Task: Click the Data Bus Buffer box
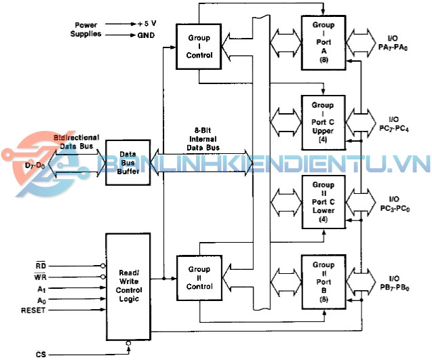click(x=128, y=163)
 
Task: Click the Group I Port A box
click(x=323, y=42)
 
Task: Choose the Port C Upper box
click(x=323, y=122)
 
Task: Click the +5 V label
click(x=149, y=23)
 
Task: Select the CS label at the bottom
click(x=41, y=354)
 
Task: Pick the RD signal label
click(x=41, y=266)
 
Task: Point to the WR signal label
click(x=41, y=277)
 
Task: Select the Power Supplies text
click(x=90, y=28)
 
